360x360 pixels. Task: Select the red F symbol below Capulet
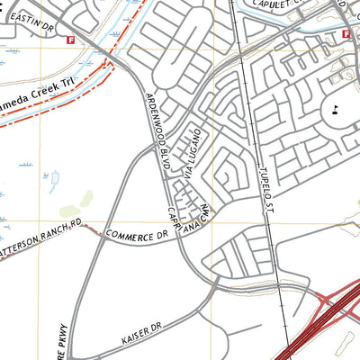(x=346, y=33)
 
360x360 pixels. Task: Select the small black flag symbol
(x=335, y=110)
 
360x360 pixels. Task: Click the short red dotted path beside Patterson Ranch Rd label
(x=90, y=229)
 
